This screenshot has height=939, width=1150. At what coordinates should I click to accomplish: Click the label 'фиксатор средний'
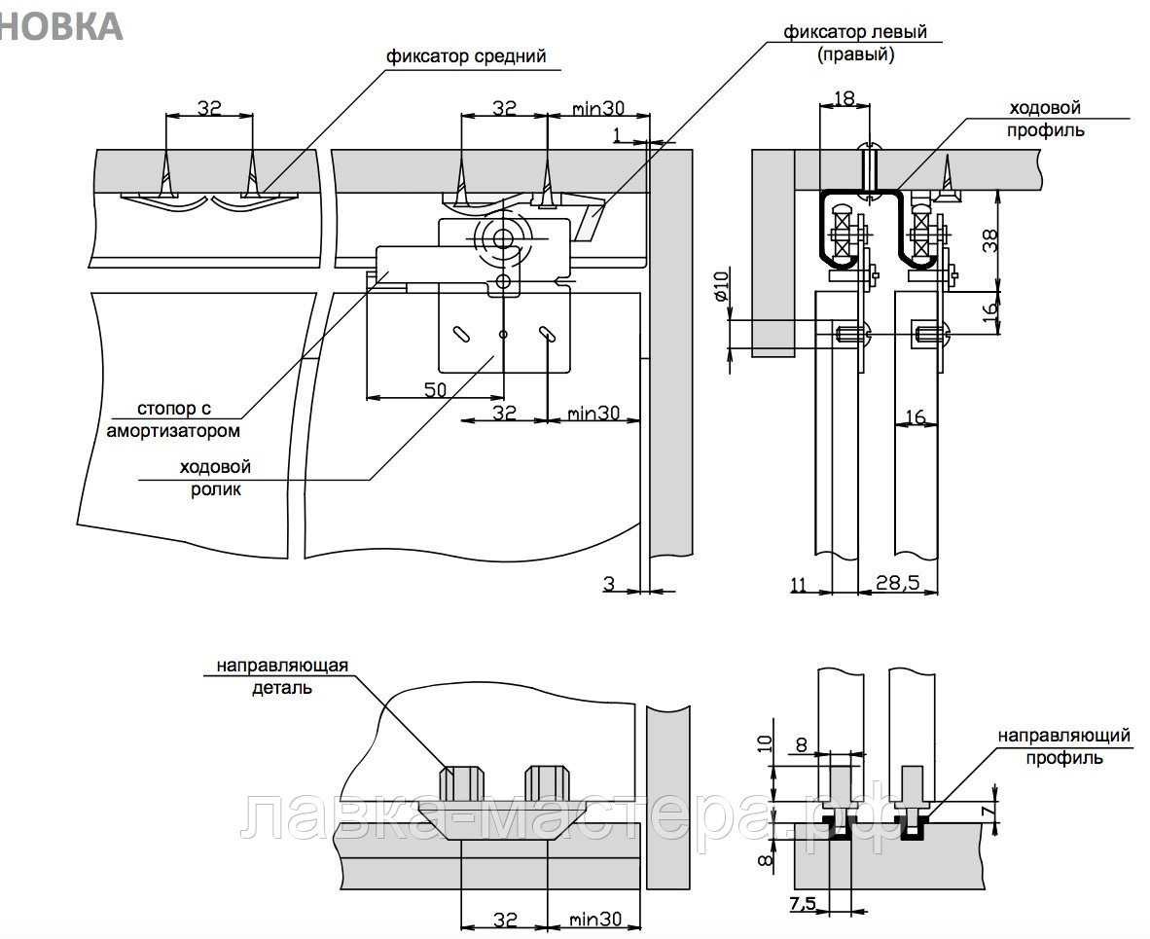coord(466,55)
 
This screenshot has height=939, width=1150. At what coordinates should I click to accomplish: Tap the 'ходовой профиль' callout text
coord(1046,119)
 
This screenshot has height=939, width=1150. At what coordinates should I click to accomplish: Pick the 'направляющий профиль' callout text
coord(1063,746)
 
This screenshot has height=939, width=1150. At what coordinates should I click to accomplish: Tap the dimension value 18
coord(843,96)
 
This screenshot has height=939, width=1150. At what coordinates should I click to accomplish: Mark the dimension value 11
coord(799,584)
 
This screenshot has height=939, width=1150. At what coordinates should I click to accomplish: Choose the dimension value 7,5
coord(803,903)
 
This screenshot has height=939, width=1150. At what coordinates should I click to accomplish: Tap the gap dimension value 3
coord(609,583)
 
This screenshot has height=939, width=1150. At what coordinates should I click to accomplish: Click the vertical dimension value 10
coord(765,744)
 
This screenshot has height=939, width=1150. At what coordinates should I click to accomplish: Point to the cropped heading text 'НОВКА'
coord(60,26)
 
